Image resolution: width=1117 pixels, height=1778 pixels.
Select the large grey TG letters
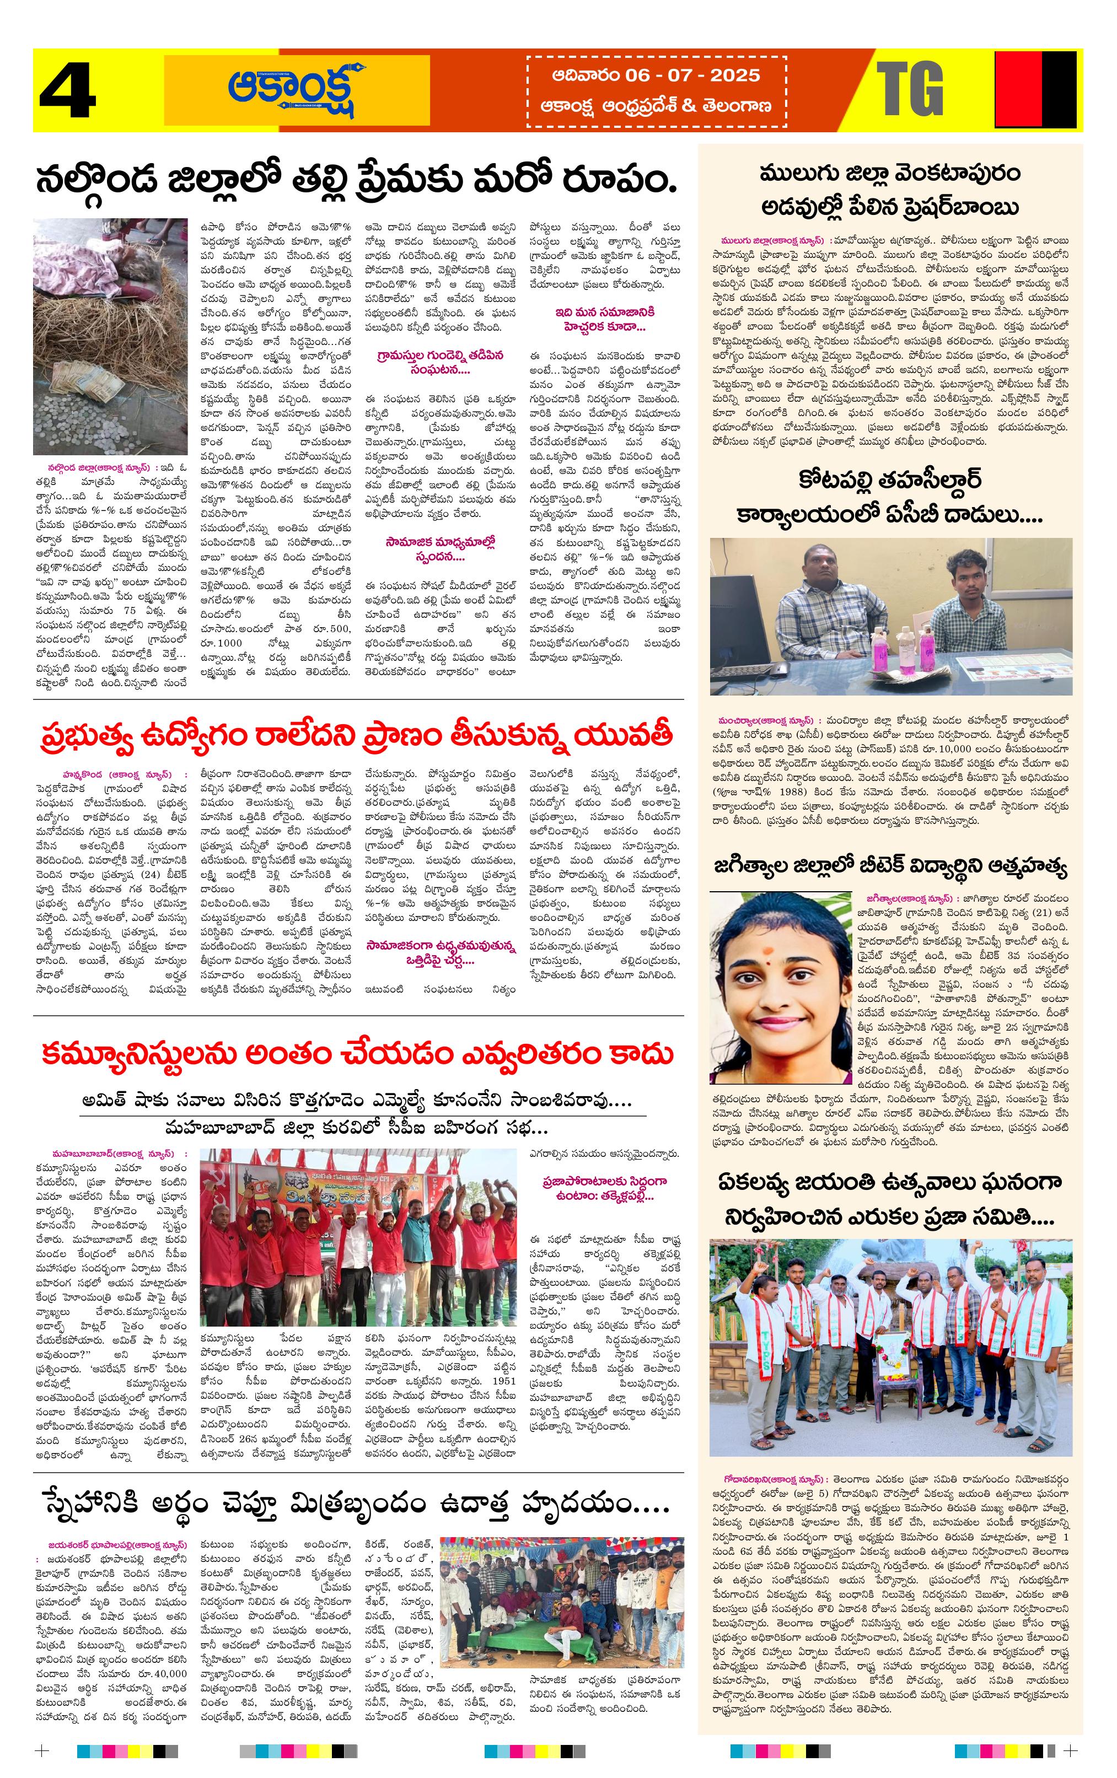click(x=910, y=89)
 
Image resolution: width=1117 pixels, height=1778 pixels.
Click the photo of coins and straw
click(x=110, y=336)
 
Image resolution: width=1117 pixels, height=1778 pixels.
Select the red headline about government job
click(x=357, y=736)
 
